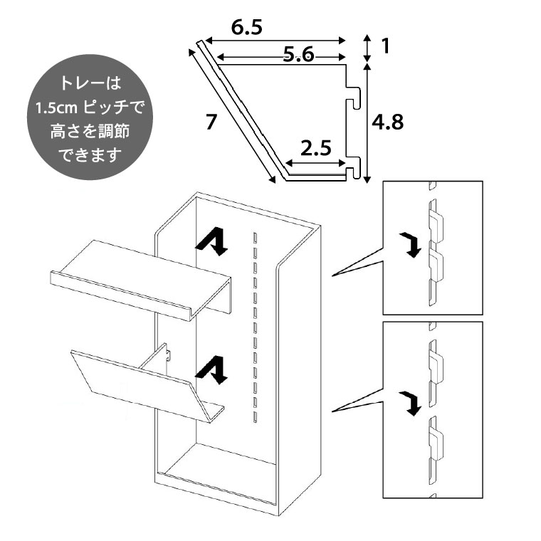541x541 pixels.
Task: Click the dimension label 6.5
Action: tap(247, 28)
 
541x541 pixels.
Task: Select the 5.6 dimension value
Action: tap(298, 57)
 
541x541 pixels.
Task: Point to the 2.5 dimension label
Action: tap(316, 149)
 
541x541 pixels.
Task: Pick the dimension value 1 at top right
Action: tap(385, 47)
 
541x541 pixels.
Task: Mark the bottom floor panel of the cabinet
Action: tap(217, 474)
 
